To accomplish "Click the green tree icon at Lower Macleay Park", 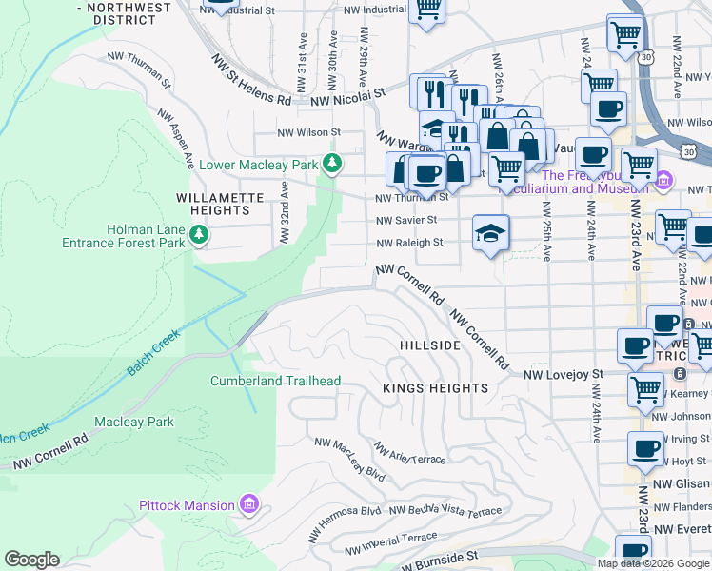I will coord(331,165).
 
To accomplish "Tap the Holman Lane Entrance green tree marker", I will coord(198,233).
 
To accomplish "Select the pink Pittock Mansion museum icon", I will coord(249,503).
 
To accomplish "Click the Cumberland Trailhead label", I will coord(275,381).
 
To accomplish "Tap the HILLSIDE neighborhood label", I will coord(429,345).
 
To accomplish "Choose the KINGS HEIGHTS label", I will coord(435,388).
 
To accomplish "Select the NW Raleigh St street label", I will coord(409,243).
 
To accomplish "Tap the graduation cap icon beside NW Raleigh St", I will coord(490,232).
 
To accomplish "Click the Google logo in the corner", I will coord(31,560).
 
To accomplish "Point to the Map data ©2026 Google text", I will coord(653,563).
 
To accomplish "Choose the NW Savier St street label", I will coord(405,220).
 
